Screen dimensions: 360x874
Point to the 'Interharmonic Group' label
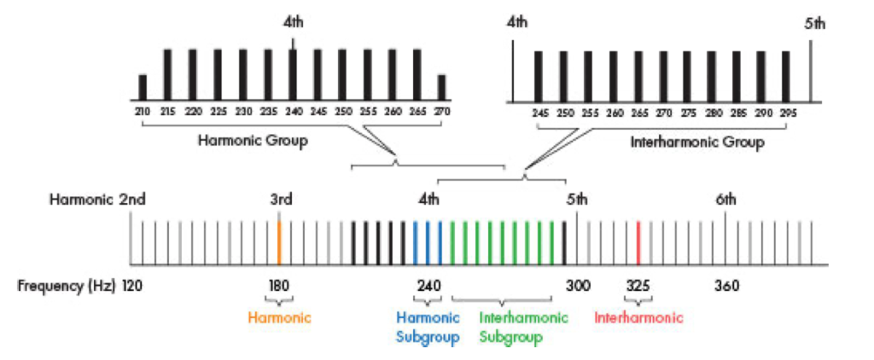point(697,142)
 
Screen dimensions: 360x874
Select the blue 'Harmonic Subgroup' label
point(428,327)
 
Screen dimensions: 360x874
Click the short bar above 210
point(143,87)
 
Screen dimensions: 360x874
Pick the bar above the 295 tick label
point(786,77)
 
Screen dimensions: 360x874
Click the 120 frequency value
point(133,285)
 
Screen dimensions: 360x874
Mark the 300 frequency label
point(578,285)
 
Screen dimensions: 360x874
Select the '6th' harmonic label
point(725,200)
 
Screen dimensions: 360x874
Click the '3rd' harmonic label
point(282,200)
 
